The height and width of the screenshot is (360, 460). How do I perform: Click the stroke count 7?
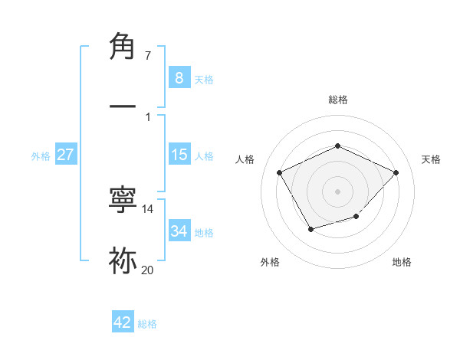[x=148, y=55]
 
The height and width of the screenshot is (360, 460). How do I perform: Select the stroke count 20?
[x=148, y=270]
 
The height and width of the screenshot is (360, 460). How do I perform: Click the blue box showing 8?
[x=179, y=77]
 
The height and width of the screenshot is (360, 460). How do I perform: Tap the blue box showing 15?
[x=179, y=155]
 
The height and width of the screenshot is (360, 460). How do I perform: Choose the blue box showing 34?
[x=179, y=231]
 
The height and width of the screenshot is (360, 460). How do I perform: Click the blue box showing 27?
[x=65, y=155]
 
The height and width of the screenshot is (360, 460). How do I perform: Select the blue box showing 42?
[x=123, y=322]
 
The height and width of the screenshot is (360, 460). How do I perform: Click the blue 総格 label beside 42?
[x=147, y=324]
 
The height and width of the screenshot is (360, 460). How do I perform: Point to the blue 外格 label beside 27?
[x=41, y=156]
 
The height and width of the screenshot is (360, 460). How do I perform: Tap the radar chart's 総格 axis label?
[x=337, y=100]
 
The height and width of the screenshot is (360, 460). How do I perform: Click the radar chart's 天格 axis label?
[x=431, y=159]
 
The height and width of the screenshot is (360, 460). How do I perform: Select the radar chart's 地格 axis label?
[x=402, y=262]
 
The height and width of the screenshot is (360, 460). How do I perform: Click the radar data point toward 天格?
[x=396, y=172]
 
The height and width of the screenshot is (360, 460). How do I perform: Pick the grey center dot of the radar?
[x=337, y=191]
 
